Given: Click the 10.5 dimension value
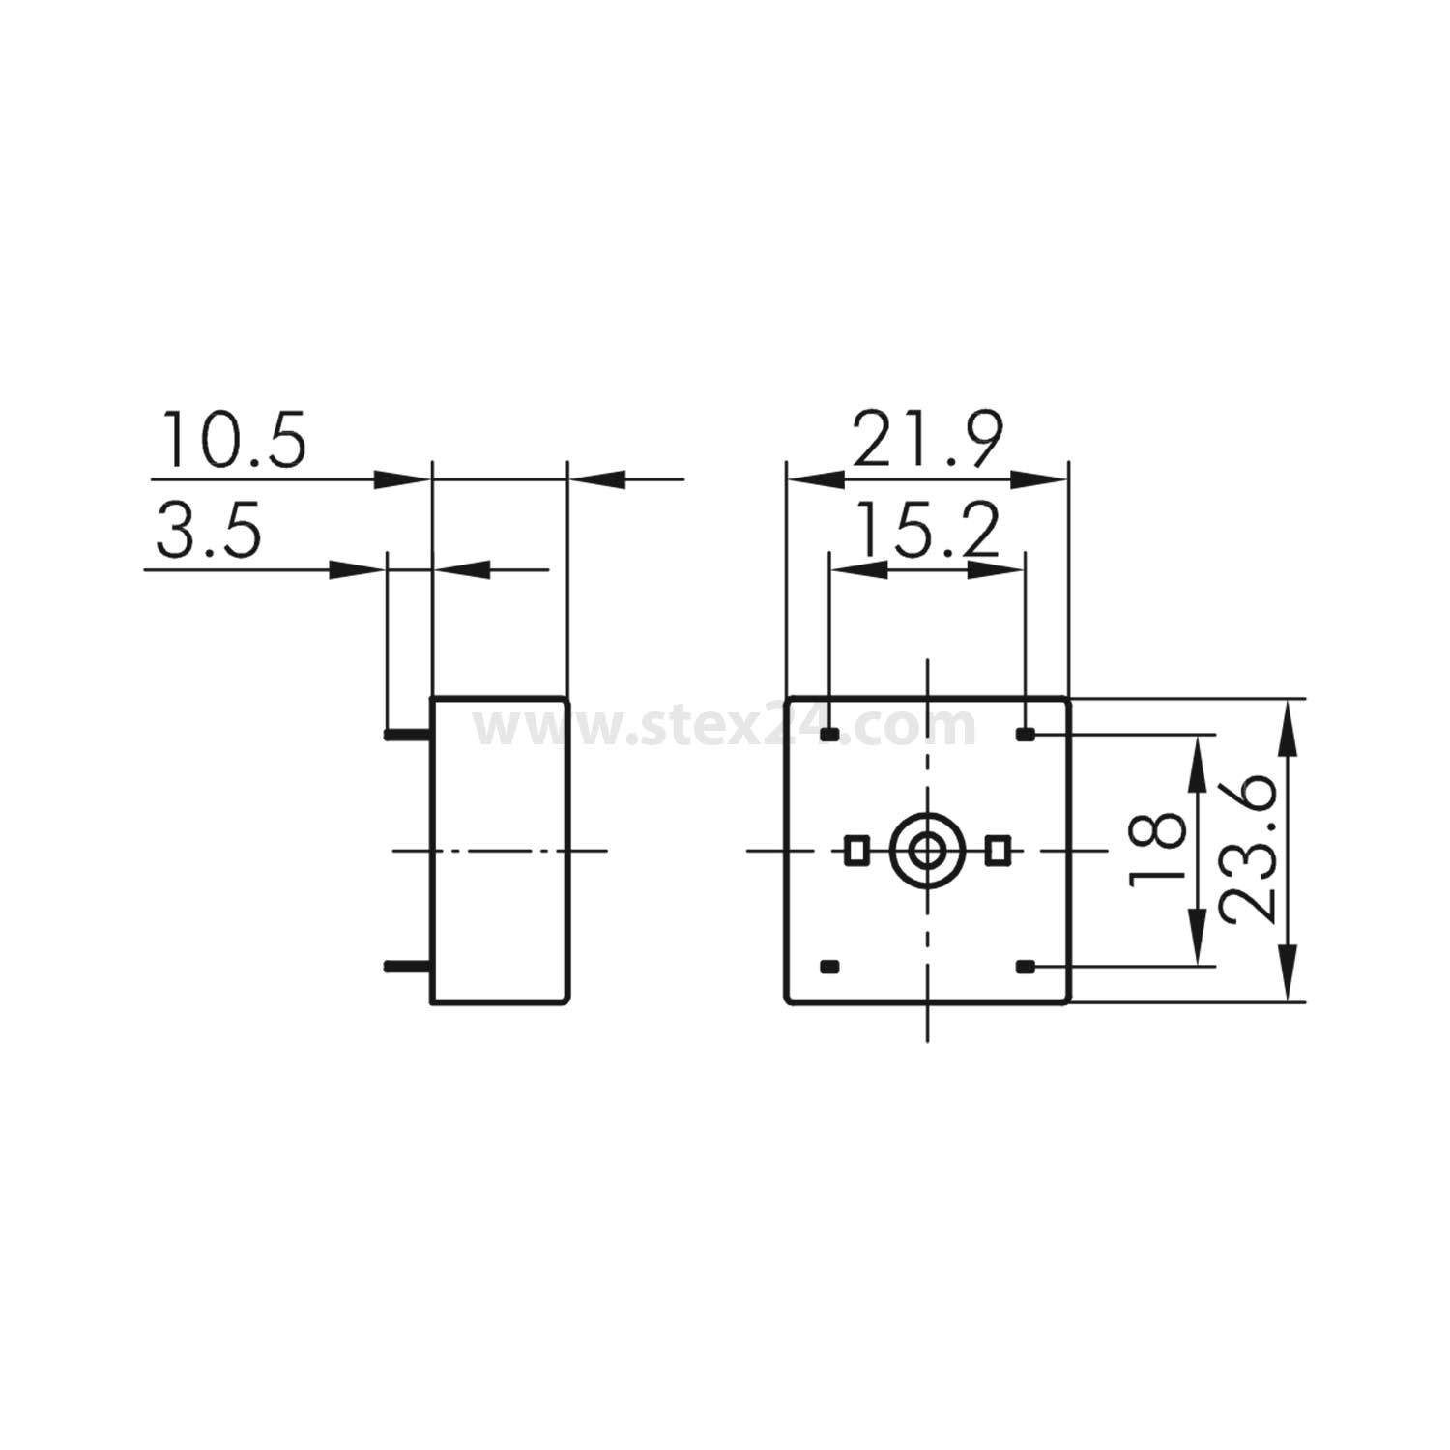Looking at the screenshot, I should pyautogui.click(x=233, y=439).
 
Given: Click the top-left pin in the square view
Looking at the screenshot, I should pyautogui.click(x=829, y=736).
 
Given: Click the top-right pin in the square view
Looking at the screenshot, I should pyautogui.click(x=1026, y=736).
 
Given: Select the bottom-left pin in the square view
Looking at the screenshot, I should pyautogui.click(x=829, y=966).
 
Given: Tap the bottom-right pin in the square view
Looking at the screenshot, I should pyautogui.click(x=1026, y=966).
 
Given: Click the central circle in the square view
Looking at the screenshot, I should pyautogui.click(x=927, y=851).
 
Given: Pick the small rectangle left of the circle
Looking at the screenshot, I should pyautogui.click(x=855, y=851).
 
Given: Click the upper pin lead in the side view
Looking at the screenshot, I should pyautogui.click(x=407, y=736).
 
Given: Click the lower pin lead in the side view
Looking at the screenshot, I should pyautogui.click(x=407, y=966).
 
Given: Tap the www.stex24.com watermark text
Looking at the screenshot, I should pyautogui.click(x=725, y=727).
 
